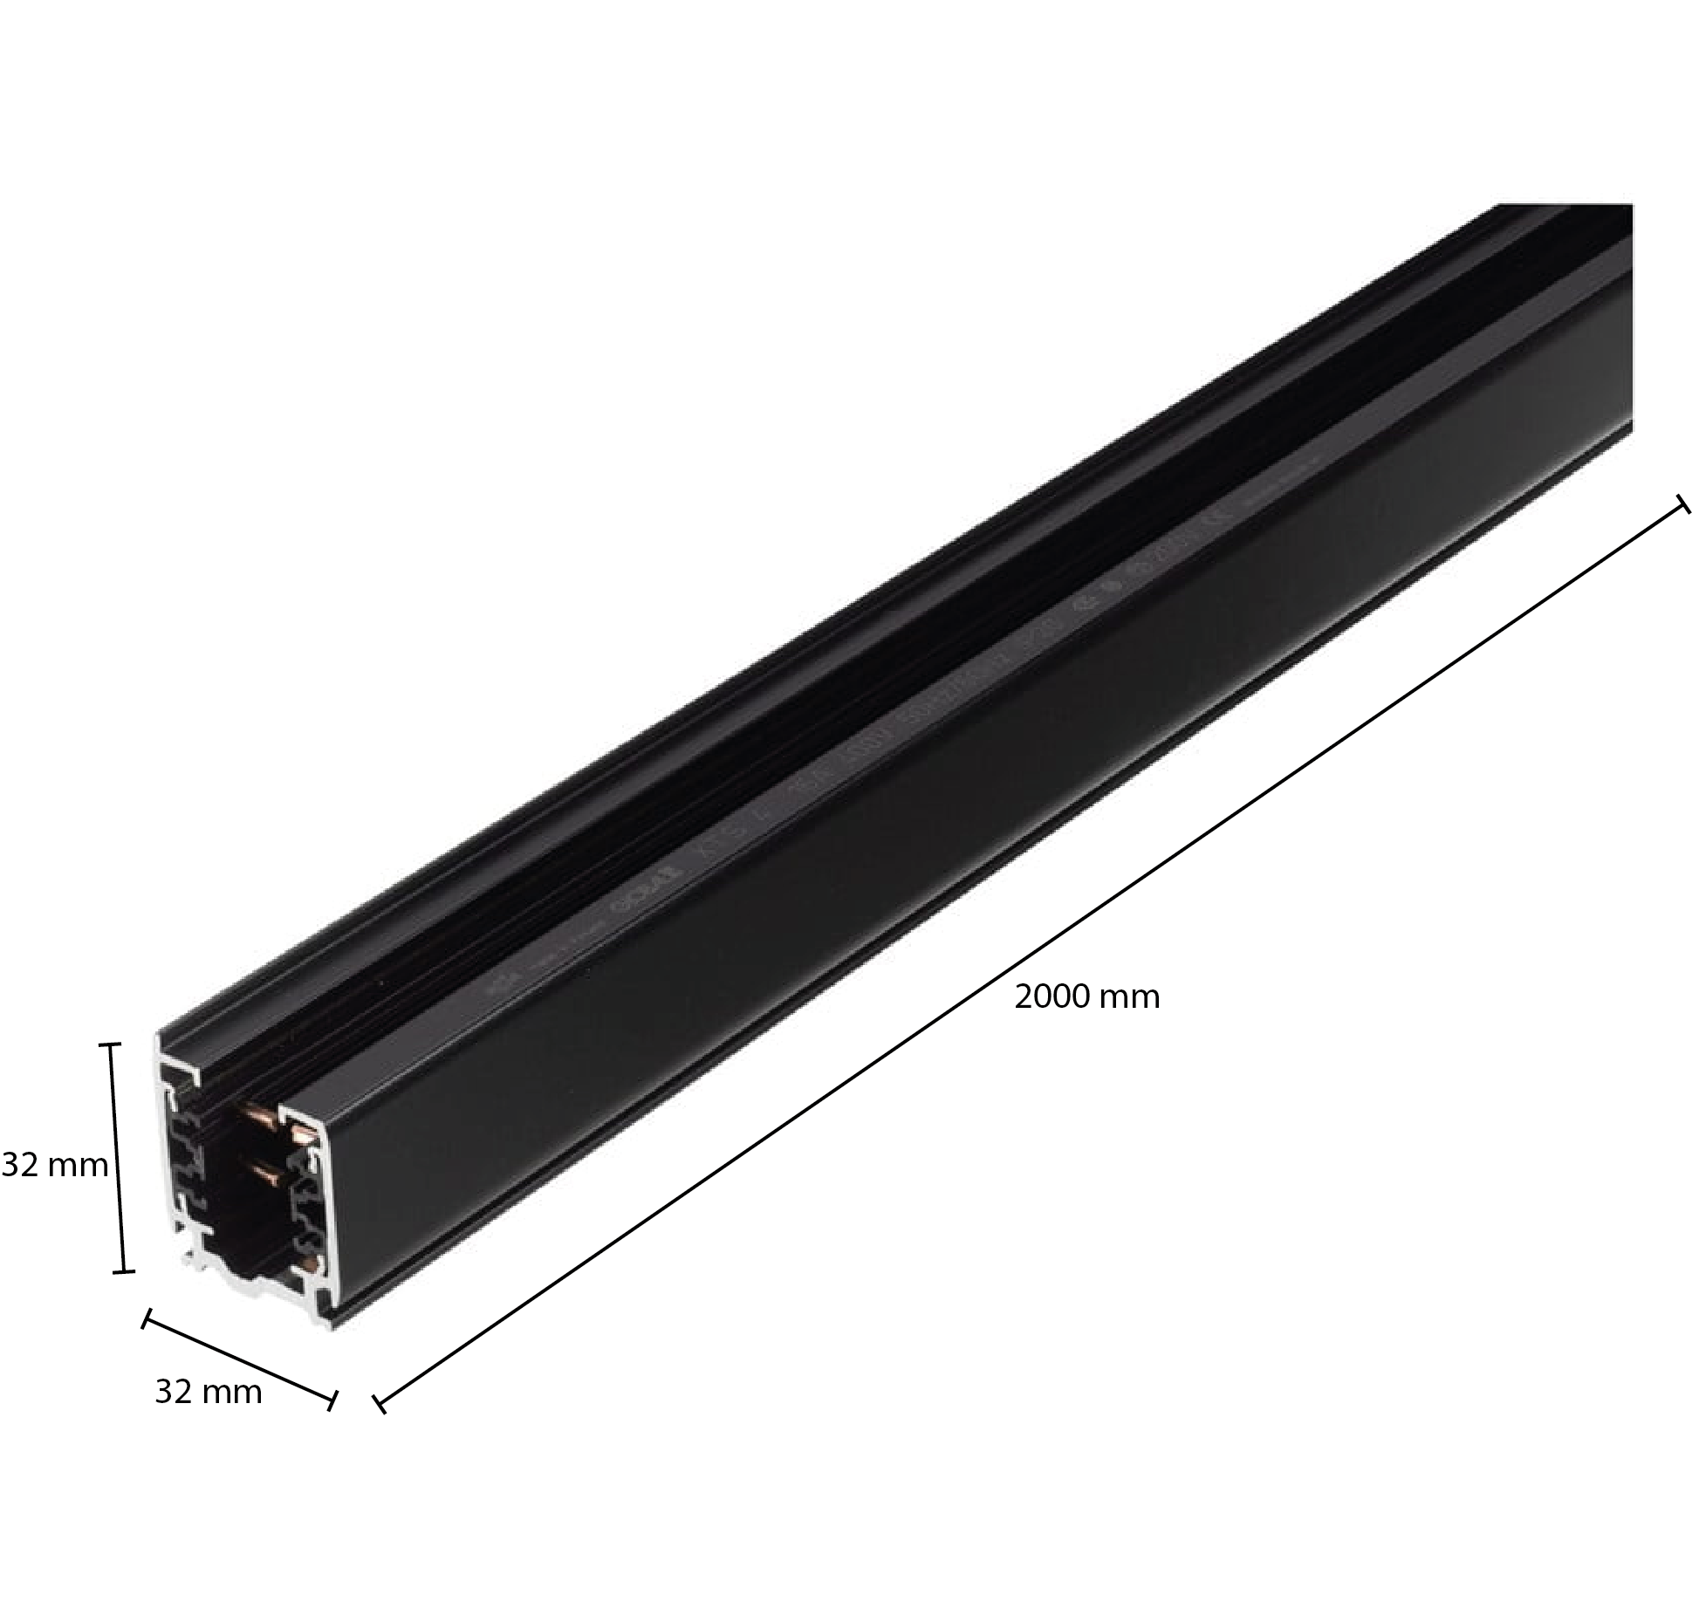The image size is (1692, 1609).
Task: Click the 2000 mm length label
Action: (x=1086, y=997)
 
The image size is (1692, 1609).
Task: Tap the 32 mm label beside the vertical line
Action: (x=55, y=1165)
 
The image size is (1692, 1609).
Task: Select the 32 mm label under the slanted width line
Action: (x=208, y=1392)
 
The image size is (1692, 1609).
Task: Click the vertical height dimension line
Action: (x=117, y=1157)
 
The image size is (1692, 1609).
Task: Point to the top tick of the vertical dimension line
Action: (x=110, y=1044)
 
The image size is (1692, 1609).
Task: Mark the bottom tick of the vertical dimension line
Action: (x=124, y=1271)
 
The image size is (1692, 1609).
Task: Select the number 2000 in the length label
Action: (x=1050, y=997)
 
